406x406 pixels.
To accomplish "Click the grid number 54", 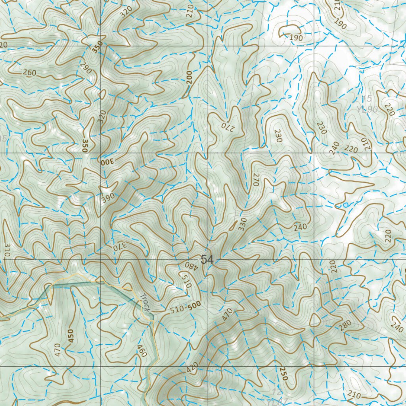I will click(207, 260).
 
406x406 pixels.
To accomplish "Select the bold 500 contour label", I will click(194, 305).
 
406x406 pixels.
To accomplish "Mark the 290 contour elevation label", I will click(86, 67).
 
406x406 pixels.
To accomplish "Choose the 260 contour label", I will click(29, 73).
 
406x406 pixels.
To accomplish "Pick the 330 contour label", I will click(243, 224).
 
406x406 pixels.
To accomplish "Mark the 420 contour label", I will click(192, 368).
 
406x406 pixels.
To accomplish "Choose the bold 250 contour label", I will click(282, 374).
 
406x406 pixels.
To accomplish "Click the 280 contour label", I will click(345, 325).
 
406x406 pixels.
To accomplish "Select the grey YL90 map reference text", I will click(367, 110).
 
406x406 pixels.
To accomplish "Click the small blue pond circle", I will click(345, 205).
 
